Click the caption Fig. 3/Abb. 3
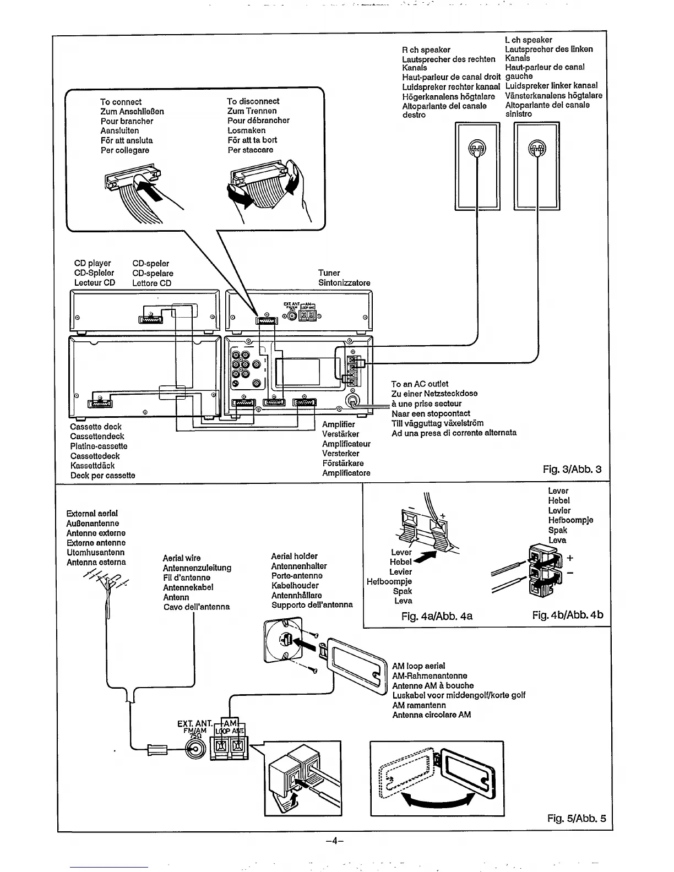tap(572, 470)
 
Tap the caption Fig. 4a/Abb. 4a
tap(437, 616)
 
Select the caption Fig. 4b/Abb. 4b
tap(568, 614)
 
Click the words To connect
tap(121, 102)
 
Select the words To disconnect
tap(253, 101)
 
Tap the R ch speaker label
tap(426, 50)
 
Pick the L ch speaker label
tap(528, 40)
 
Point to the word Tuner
tap(329, 273)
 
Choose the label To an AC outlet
tap(419, 384)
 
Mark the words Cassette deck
tap(95, 427)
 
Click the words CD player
tap(93, 263)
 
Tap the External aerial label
tap(91, 513)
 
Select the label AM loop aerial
tap(418, 666)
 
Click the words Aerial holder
tap(294, 556)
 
